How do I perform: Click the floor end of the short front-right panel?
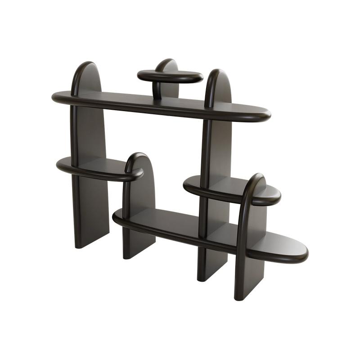click(x=243, y=295)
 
